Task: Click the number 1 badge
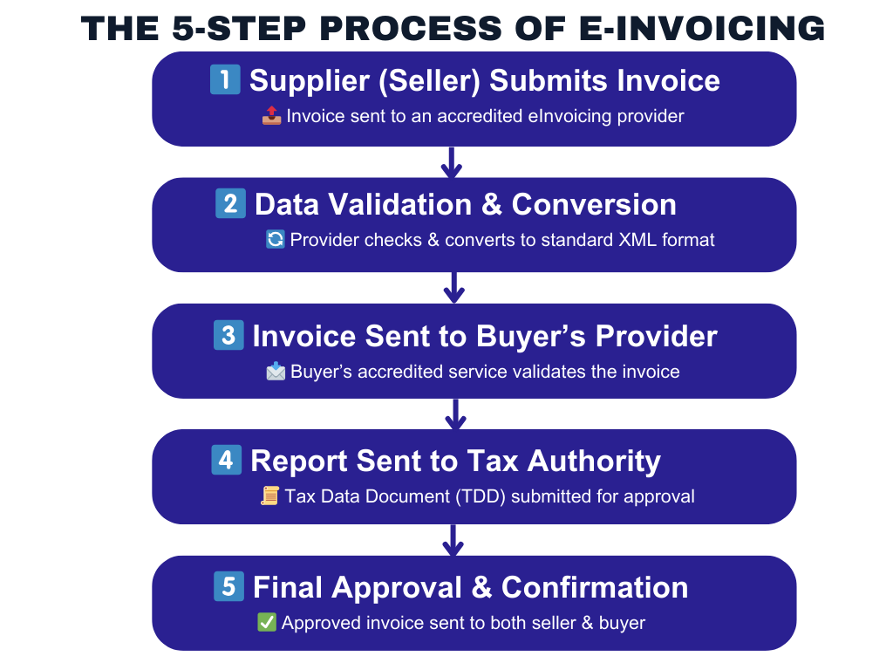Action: click(x=225, y=79)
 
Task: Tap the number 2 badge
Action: click(x=230, y=203)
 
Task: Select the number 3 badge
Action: click(x=228, y=334)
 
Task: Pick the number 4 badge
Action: click(x=226, y=460)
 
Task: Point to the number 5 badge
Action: click(x=228, y=586)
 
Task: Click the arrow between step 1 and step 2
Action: click(x=452, y=163)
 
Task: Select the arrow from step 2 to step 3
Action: click(x=453, y=288)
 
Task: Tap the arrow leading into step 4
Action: click(x=455, y=414)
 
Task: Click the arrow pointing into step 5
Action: click(x=453, y=540)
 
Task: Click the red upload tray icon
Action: click(x=272, y=116)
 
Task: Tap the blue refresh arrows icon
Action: click(x=276, y=239)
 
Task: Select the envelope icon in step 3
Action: click(x=276, y=371)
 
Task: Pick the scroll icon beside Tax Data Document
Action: click(x=270, y=496)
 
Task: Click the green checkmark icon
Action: click(x=267, y=622)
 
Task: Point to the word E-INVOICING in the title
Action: click(x=702, y=29)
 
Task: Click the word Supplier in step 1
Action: click(x=310, y=81)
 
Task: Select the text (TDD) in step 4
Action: click(x=481, y=496)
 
